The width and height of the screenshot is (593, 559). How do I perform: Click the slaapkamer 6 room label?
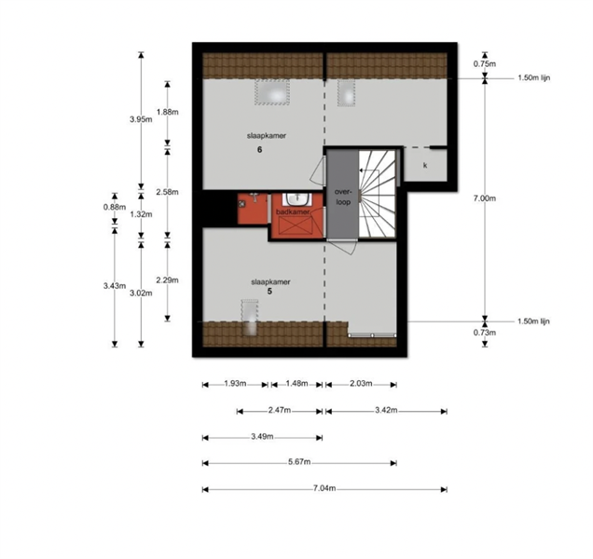[x=267, y=143]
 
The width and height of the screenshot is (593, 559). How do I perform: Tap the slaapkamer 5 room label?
[x=270, y=287]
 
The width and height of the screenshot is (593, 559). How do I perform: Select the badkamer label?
[x=293, y=212]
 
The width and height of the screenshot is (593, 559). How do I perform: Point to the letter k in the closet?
[x=425, y=166]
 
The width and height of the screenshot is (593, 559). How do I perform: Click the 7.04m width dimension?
[x=324, y=488]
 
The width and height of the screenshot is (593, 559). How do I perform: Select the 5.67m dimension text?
[x=299, y=462]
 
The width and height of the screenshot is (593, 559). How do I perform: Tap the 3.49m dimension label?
[x=262, y=437]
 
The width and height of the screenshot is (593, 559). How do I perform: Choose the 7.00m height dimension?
[x=485, y=198]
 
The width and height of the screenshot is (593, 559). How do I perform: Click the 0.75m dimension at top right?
[x=485, y=64]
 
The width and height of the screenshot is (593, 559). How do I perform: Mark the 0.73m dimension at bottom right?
[x=485, y=333]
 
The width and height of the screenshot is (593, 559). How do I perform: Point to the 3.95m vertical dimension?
[x=141, y=119]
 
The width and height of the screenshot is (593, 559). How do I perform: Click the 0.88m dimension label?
[x=114, y=207]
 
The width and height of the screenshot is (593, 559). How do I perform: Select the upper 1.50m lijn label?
[x=533, y=78]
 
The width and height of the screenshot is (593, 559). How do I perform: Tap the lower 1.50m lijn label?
[x=533, y=321]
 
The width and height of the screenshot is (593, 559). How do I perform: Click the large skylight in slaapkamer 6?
[x=272, y=92]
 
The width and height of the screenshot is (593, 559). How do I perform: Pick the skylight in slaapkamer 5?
[x=250, y=318]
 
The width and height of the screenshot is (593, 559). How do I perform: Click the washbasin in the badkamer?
[x=296, y=198]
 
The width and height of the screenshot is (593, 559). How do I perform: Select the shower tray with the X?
[x=296, y=226]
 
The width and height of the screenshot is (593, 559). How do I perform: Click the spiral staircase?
[x=377, y=194]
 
